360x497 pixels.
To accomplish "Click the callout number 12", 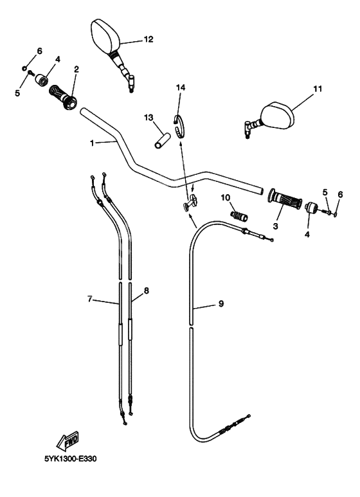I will pos(148,39).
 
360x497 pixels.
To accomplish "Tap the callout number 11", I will pos(317,91).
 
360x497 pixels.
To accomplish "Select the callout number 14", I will pos(181,87).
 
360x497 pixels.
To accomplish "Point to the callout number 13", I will pos(148,118).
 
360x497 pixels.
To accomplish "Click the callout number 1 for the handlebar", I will pos(92,143).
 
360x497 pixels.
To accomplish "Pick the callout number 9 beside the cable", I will pos(221,303).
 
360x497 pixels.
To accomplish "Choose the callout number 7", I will pos(91,298).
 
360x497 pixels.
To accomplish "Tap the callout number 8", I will pos(147,291).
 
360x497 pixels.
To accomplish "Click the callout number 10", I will pos(226,197).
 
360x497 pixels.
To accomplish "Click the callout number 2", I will pos(76,69).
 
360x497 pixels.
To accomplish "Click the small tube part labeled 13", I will pos(163,140).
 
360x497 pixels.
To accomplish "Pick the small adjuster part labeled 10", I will pos(239,215).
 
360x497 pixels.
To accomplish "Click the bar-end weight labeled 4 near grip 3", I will pos(312,208).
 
